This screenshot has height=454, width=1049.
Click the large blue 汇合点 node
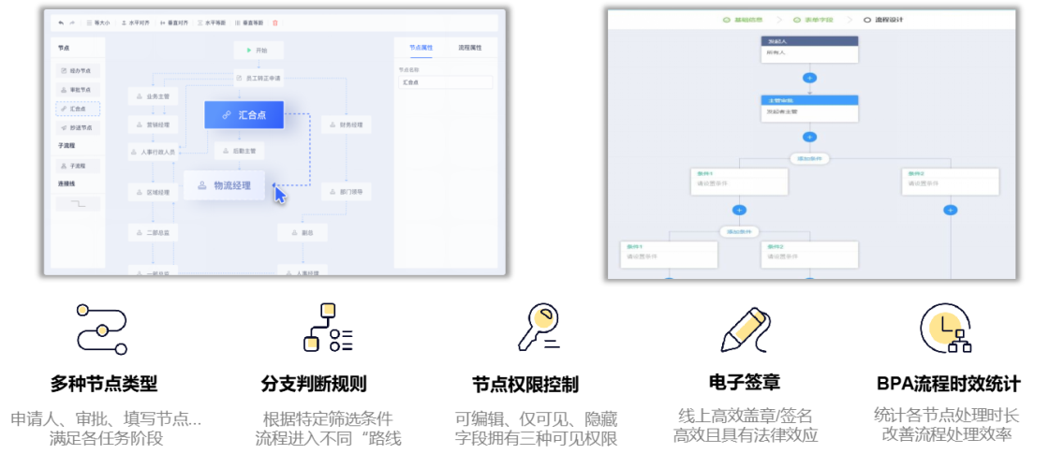tap(244, 114)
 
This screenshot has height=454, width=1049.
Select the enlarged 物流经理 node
tap(224, 185)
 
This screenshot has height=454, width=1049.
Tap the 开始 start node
tap(258, 50)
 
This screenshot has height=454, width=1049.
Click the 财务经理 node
tap(347, 124)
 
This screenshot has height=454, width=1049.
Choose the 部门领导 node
tap(347, 192)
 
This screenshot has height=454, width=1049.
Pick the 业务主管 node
tap(153, 95)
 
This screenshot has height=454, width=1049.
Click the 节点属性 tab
tap(414, 47)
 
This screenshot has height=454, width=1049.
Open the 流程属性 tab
tap(469, 47)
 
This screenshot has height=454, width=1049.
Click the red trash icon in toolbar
tap(274, 22)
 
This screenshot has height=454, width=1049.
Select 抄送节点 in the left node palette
tap(78, 128)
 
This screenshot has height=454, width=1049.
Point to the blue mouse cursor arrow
tap(279, 194)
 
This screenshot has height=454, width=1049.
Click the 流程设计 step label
tap(885, 19)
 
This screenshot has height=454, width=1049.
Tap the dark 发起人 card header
tap(809, 41)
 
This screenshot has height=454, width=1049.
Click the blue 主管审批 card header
tap(809, 99)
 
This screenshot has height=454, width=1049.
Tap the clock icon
tap(944, 328)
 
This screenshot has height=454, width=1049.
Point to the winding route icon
tap(100, 330)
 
